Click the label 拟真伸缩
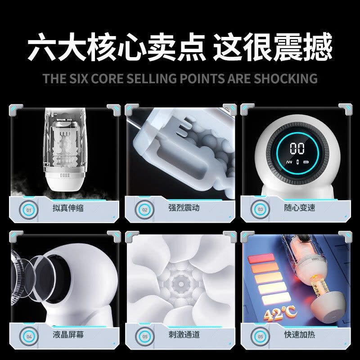pyautogui.click(x=68, y=208)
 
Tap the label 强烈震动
pyautogui.click(x=184, y=208)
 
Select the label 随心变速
pyautogui.click(x=300, y=208)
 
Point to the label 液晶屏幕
pyautogui.click(x=68, y=334)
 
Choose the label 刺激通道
pyautogui.click(x=184, y=334)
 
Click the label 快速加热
pyautogui.click(x=300, y=334)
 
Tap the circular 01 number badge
pyautogui.click(x=29, y=210)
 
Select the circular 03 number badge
pyautogui.click(x=260, y=209)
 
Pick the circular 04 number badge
pyautogui.click(x=29, y=337)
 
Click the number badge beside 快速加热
pyautogui.click(x=260, y=337)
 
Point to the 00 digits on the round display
pyautogui.click(x=297, y=148)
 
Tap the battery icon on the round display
pyautogui.click(x=306, y=162)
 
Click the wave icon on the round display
pyautogui.click(x=289, y=162)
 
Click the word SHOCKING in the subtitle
pyautogui.click(x=286, y=78)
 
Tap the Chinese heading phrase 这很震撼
pyautogui.click(x=273, y=47)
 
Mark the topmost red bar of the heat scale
pyautogui.click(x=261, y=258)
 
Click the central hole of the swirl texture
pyautogui.click(x=181, y=284)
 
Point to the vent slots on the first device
pyautogui.click(x=65, y=175)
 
